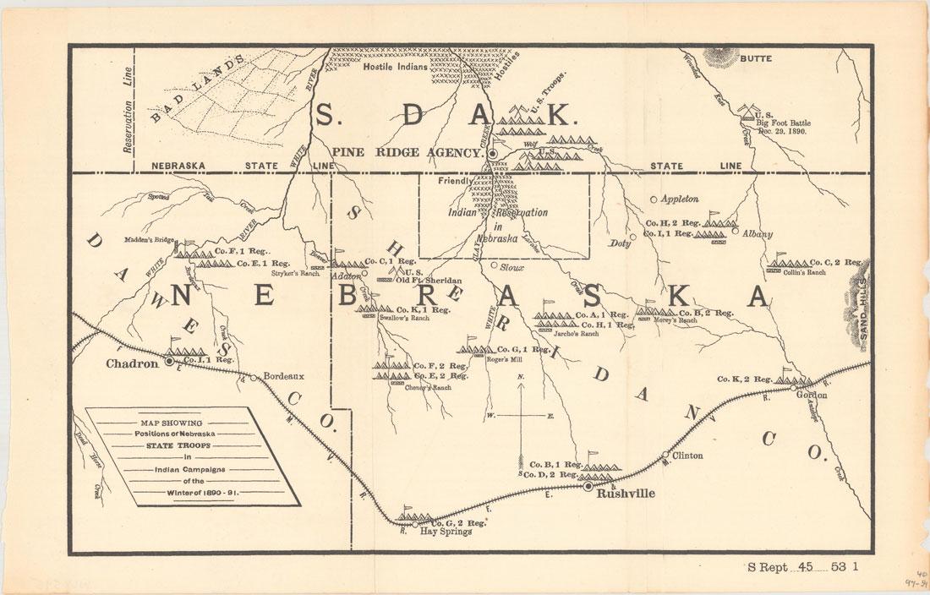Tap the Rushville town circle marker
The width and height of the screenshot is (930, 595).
point(588,486)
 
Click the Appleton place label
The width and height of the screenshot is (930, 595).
point(681,199)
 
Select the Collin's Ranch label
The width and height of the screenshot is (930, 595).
point(803,272)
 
